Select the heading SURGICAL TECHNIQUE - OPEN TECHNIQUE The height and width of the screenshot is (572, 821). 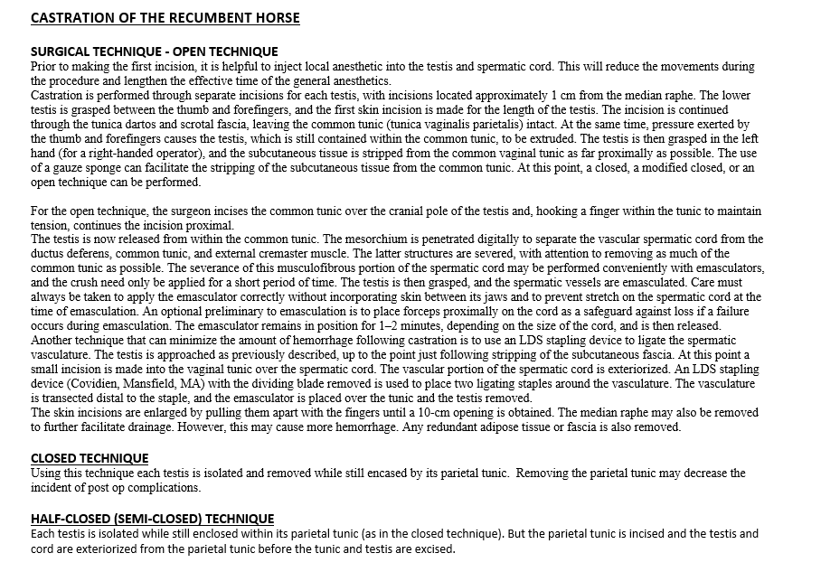tap(155, 52)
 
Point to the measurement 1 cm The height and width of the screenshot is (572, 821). tap(559, 95)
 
